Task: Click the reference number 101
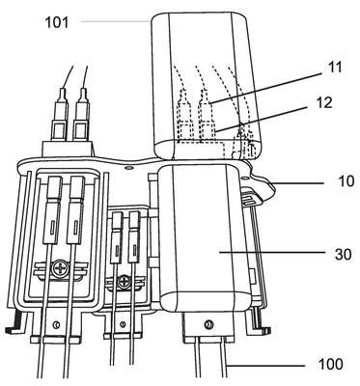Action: (x=57, y=22)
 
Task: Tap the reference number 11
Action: (x=334, y=68)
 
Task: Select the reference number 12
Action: (x=322, y=103)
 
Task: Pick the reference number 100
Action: (x=330, y=365)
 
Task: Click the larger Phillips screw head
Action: (x=61, y=268)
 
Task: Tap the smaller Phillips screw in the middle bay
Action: (x=124, y=282)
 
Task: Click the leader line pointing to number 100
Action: (x=264, y=366)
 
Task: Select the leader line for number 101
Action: (x=116, y=21)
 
